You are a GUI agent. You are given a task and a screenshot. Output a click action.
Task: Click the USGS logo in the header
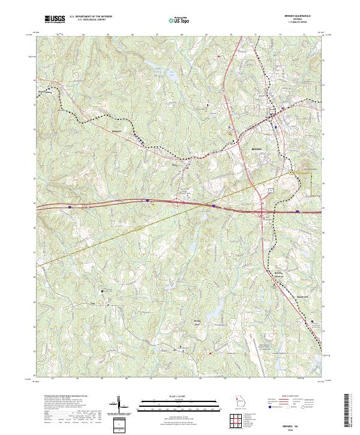(x=55, y=19)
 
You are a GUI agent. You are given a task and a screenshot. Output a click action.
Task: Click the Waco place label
(x=175, y=161)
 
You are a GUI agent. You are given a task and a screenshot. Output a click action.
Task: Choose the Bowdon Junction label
(x=278, y=274)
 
